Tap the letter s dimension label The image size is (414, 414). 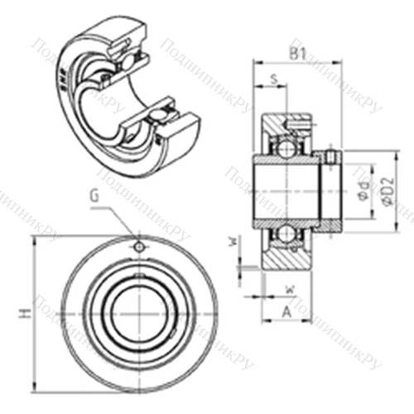(x=273, y=79)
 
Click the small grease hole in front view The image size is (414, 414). (x=139, y=247)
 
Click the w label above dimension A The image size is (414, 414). (x=289, y=288)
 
